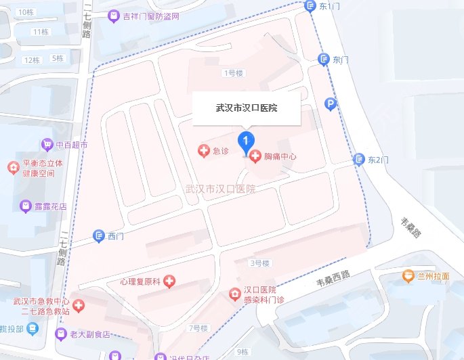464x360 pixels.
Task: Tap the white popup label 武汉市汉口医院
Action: tap(247, 108)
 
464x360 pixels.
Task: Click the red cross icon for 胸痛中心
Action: tap(255, 157)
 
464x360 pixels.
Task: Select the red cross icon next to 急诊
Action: tap(203, 151)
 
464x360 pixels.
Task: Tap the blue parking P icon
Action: tap(331, 104)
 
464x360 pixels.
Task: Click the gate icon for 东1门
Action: tap(310, 6)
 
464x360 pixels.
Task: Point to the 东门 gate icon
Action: tap(324, 60)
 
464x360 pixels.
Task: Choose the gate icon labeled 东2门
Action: tap(358, 160)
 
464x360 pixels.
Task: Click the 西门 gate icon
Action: tap(98, 235)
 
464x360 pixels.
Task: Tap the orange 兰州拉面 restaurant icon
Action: tap(408, 276)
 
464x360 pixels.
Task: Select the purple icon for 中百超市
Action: tap(47, 144)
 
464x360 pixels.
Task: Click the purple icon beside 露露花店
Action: tap(25, 205)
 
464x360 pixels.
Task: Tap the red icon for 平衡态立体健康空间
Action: tap(12, 166)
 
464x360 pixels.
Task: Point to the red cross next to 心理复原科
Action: tap(169, 280)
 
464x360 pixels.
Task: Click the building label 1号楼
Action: tap(232, 72)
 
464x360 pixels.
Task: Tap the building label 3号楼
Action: tap(260, 263)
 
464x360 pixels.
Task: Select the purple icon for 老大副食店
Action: tap(43, 332)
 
